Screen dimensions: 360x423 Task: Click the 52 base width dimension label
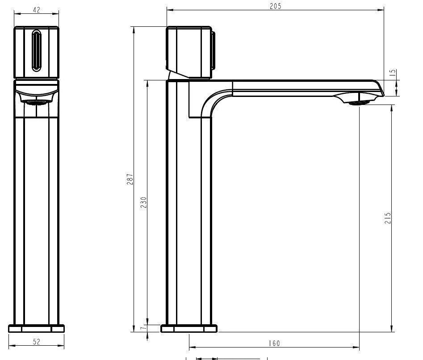tap(37, 342)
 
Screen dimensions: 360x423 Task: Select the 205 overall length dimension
tap(276, 5)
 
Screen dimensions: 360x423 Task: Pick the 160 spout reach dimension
tap(275, 343)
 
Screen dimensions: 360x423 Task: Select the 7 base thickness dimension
tap(143, 328)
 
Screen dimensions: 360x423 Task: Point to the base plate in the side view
tap(189, 329)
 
